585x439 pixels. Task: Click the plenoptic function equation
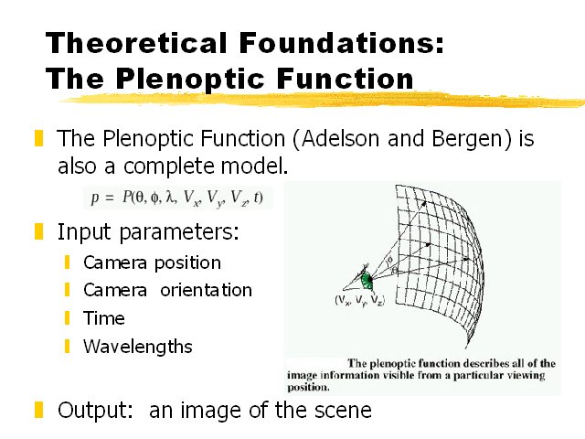[x=177, y=197]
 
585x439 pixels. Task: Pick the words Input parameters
[x=148, y=231]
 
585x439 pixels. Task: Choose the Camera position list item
[x=152, y=262]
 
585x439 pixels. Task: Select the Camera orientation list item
[x=167, y=290]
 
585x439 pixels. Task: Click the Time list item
[x=104, y=318]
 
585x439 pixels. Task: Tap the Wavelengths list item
[x=138, y=347]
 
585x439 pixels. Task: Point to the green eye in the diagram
[x=367, y=278]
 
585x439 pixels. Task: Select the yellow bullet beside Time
[x=68, y=318]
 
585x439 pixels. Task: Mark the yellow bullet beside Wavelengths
[x=68, y=347]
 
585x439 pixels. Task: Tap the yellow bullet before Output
[x=38, y=409]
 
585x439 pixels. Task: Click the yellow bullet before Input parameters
[x=38, y=231]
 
